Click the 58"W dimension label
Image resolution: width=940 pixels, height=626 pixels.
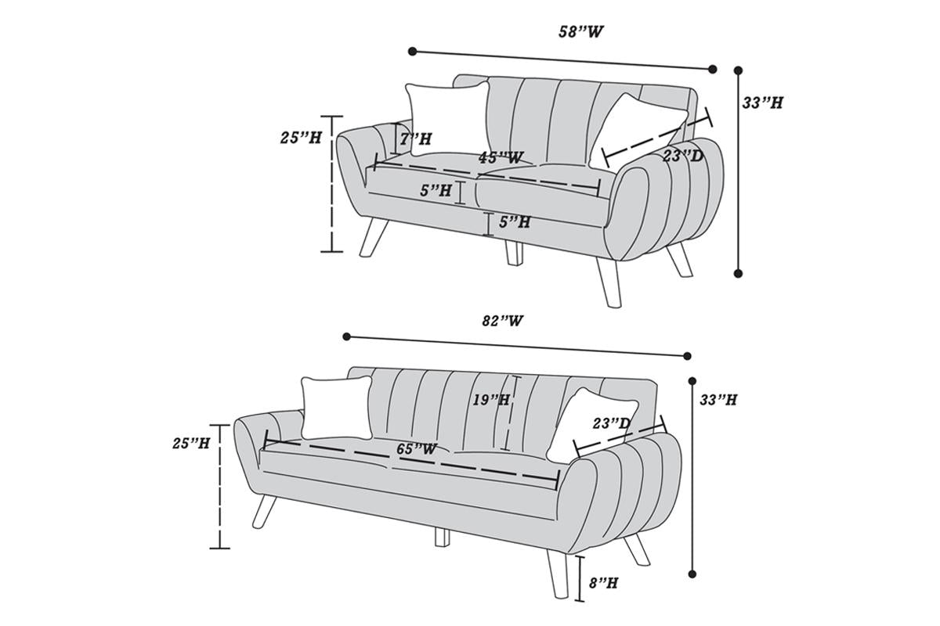pos(580,32)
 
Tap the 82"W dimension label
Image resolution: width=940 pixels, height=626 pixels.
pos(502,321)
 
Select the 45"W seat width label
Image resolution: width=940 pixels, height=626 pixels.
pos(501,157)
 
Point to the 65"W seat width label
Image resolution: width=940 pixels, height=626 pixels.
pos(417,448)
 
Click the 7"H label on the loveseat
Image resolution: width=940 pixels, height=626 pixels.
pos(415,139)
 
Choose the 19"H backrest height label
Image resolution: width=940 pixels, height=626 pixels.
pos(491,400)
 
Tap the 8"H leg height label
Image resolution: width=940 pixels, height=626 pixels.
pos(603,583)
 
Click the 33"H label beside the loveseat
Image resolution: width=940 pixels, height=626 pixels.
pos(762,103)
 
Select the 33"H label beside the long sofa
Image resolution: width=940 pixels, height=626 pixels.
pos(718,400)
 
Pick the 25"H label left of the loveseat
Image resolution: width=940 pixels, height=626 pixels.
pos(301,138)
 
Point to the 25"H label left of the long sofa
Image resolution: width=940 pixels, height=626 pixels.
pos(191,443)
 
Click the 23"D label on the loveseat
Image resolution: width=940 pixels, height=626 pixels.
pos(683,156)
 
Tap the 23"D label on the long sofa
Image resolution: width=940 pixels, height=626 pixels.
pos(612,423)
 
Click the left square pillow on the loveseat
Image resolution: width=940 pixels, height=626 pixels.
pos(448,119)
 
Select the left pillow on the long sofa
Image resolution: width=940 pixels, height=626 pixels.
pos(337,408)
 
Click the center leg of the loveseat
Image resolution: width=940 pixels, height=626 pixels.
pos(514,253)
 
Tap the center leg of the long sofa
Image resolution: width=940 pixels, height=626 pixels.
pos(442,537)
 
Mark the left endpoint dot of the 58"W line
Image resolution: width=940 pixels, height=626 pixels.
pos(413,52)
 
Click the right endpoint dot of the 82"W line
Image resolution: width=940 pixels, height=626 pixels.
pos(687,356)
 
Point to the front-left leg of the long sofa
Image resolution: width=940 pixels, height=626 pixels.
pos(264,512)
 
